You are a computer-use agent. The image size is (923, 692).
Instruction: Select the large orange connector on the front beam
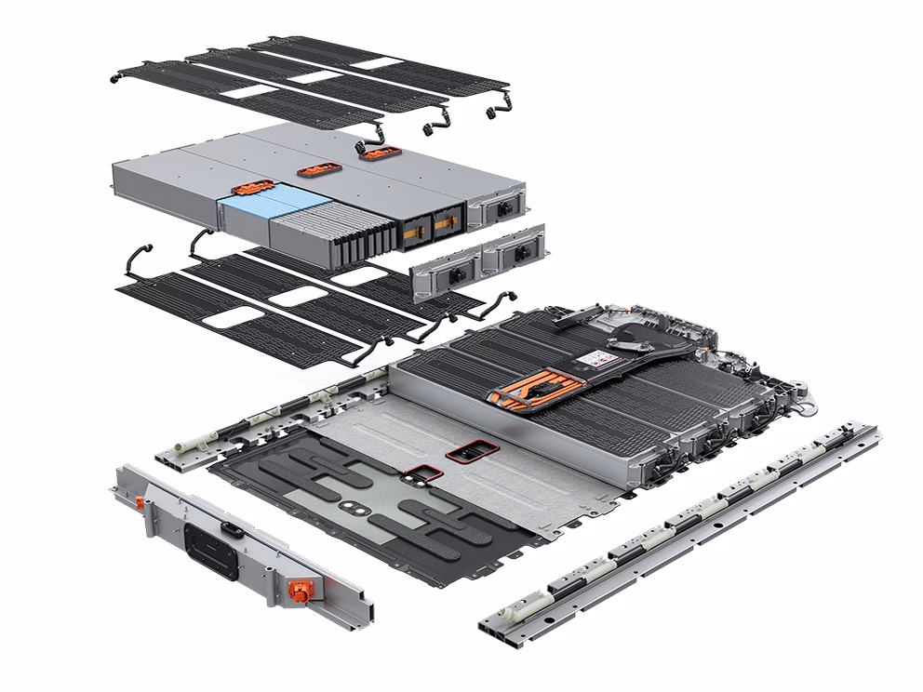coord(301,590)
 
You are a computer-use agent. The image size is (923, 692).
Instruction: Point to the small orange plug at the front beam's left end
coord(137,502)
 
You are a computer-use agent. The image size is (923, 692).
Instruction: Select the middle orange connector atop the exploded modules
coord(314,171)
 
